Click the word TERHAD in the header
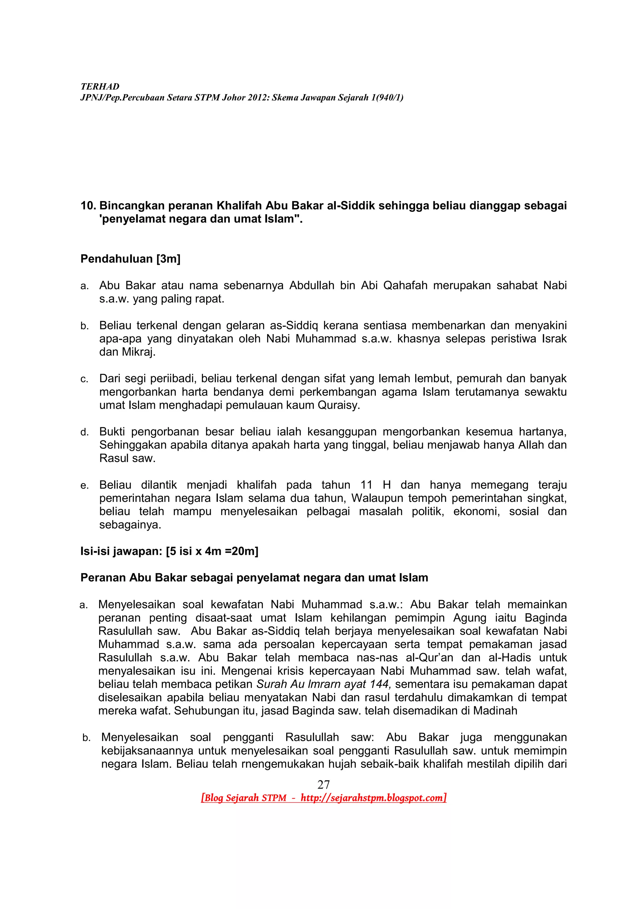tap(100, 86)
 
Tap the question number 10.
tap(88, 205)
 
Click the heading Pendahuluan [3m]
tap(130, 258)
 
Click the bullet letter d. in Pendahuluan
tap(84, 432)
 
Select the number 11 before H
tap(366, 485)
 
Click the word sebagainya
tap(130, 525)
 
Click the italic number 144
tap(381, 684)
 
